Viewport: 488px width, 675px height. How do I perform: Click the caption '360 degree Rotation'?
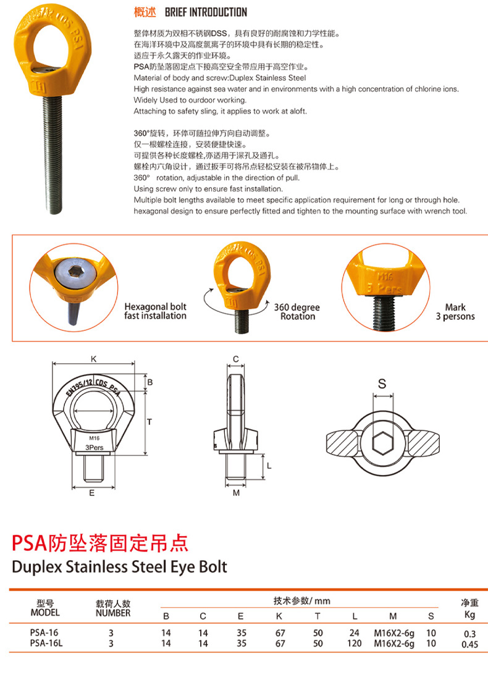298,311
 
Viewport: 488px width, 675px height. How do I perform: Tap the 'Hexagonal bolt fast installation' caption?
155,311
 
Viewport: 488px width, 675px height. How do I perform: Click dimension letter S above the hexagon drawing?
382,384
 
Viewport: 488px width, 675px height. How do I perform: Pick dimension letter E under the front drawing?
91,493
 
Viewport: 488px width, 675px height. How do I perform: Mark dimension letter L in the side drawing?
269,466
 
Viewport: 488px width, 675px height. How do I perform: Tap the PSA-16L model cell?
47,644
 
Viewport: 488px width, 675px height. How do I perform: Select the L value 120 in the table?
355,644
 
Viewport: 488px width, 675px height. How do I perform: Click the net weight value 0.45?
469,645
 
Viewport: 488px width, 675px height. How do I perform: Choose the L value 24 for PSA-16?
355,633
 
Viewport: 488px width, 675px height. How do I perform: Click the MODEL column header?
45,613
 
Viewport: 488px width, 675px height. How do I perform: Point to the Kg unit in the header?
469,614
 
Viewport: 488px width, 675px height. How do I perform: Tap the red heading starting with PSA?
100,543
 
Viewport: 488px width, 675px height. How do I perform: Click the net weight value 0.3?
469,634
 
